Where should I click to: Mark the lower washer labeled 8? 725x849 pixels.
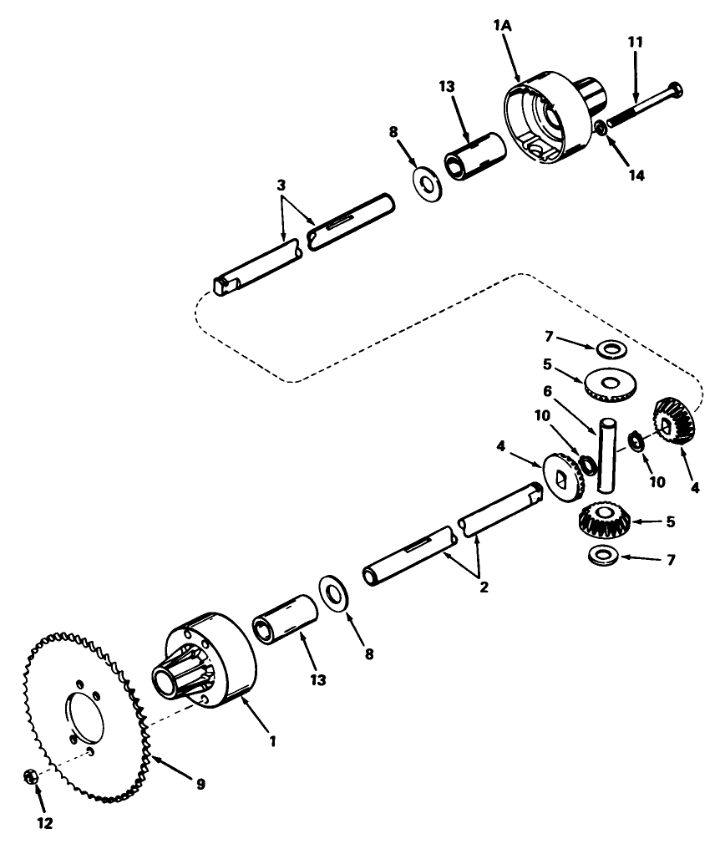click(337, 594)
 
